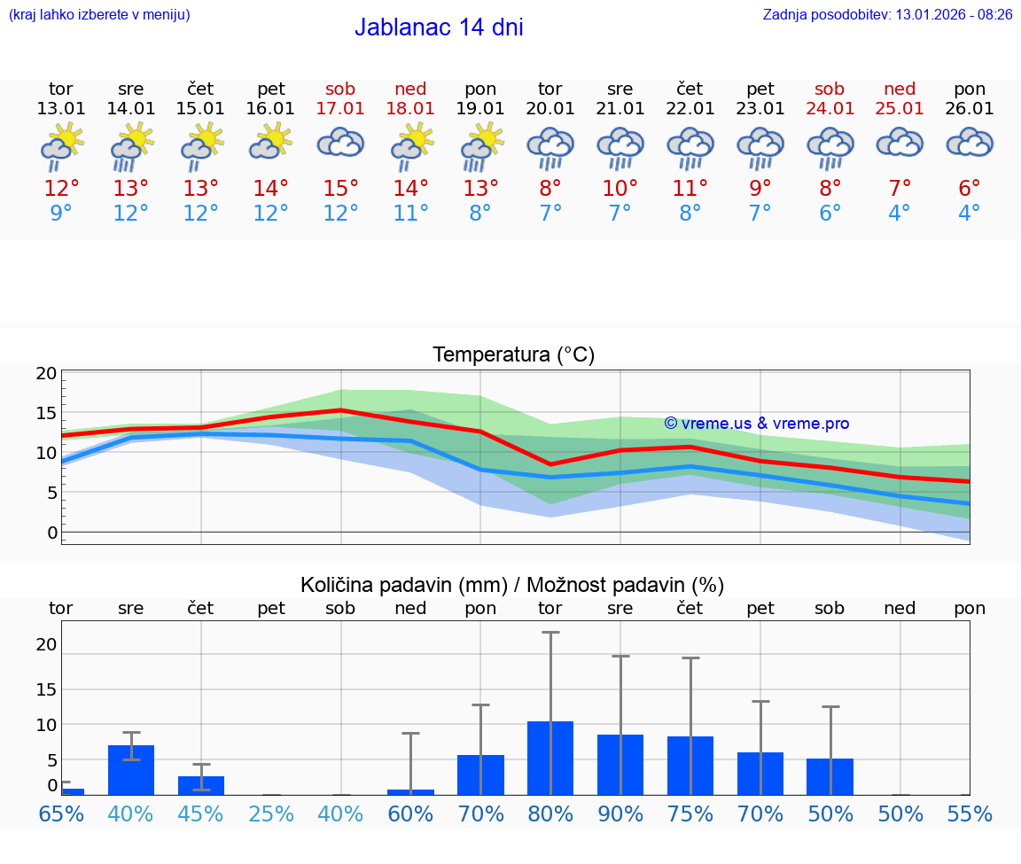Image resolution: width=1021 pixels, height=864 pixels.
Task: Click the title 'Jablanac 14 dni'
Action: (439, 27)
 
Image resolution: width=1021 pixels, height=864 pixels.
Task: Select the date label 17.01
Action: (340, 109)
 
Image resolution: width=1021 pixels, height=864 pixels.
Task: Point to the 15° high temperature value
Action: (340, 189)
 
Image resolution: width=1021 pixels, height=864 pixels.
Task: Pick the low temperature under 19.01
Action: (480, 214)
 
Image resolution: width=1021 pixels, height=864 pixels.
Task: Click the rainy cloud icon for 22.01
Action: (690, 147)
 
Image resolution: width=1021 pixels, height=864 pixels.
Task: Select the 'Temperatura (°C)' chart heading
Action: (513, 355)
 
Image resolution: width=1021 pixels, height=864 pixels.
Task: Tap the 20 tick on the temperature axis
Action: (46, 374)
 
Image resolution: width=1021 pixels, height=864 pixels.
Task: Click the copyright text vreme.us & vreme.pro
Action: (756, 424)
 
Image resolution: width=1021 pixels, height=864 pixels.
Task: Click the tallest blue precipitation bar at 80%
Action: (550, 758)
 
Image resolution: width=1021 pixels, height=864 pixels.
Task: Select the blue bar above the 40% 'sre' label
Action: (131, 770)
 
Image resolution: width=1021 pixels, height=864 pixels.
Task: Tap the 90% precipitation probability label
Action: (620, 814)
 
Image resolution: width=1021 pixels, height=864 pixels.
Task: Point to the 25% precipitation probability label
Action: (270, 814)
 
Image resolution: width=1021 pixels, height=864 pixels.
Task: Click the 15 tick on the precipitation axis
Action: (46, 689)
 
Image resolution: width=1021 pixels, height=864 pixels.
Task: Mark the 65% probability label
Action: (61, 814)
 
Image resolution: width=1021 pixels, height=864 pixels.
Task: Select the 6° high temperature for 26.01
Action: (970, 189)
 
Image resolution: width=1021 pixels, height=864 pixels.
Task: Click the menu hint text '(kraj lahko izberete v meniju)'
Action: (99, 15)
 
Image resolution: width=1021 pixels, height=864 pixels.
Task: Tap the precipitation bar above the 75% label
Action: (690, 766)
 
